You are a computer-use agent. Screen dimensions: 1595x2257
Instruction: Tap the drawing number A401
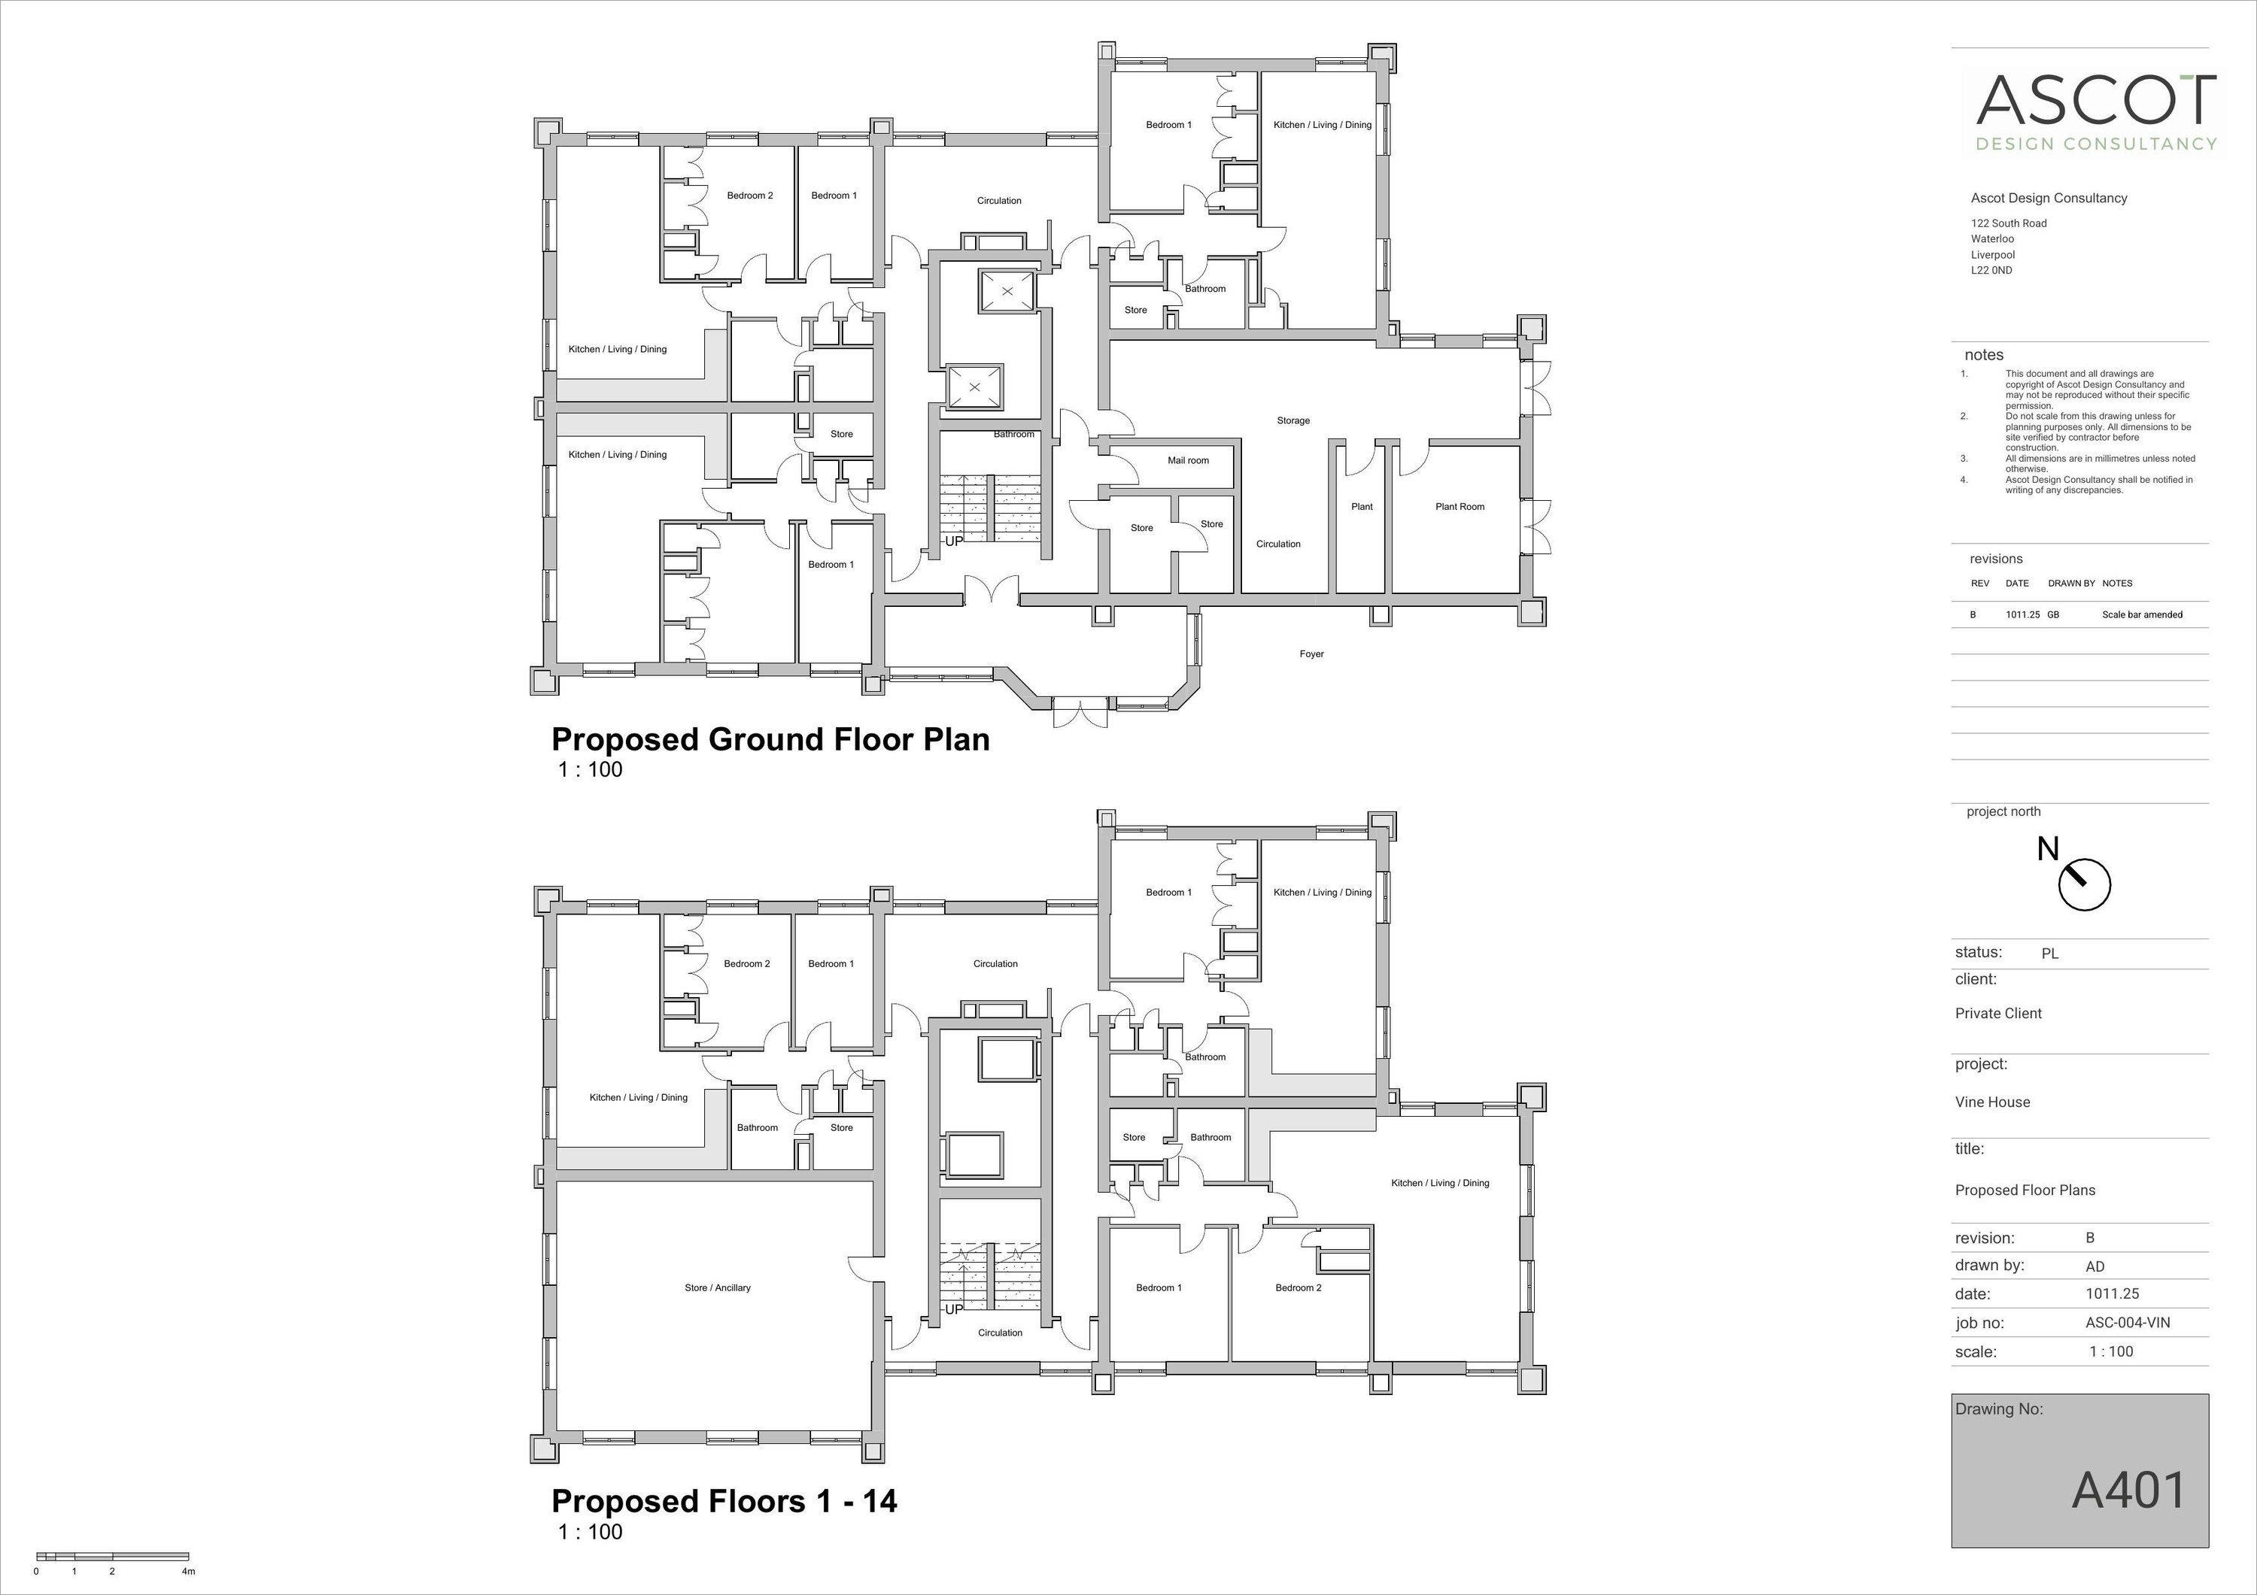(2129, 1490)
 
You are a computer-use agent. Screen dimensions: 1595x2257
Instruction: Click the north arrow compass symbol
(2083, 884)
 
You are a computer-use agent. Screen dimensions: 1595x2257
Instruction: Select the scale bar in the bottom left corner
(112, 1557)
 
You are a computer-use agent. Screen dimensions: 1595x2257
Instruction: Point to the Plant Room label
(1459, 507)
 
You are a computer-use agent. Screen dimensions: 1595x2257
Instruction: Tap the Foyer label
(1311, 654)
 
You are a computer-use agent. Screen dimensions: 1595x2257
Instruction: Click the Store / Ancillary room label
(717, 1288)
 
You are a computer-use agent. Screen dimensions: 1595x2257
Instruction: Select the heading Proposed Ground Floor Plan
(770, 739)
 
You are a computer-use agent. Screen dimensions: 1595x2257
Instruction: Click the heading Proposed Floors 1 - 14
(724, 1501)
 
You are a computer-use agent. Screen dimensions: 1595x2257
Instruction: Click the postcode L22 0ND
(1991, 270)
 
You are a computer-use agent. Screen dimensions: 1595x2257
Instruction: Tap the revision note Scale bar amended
(2142, 615)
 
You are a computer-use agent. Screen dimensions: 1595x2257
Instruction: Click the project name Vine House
(1991, 1102)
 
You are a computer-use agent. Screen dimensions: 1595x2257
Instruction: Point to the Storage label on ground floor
(1293, 420)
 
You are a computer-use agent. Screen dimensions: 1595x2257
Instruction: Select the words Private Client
(1997, 1013)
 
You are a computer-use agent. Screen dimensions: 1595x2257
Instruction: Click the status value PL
(2049, 954)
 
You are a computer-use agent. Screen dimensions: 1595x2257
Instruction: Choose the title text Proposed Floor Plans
(2024, 1190)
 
